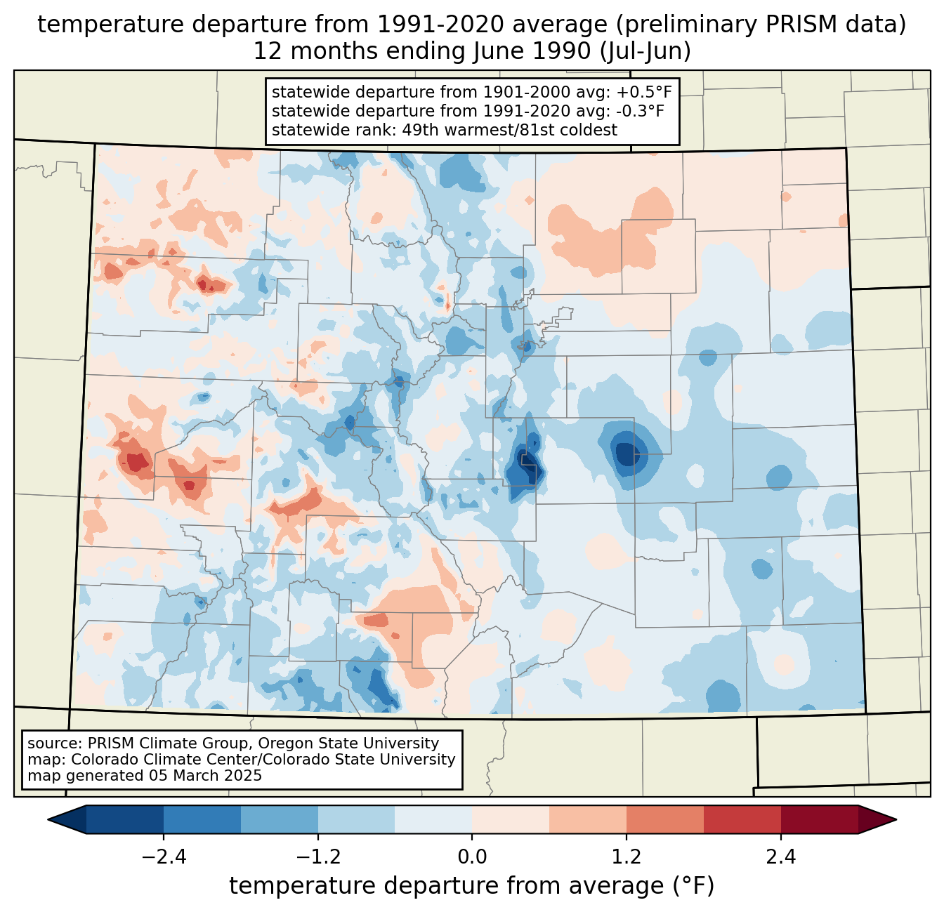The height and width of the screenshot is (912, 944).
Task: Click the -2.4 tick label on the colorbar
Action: point(163,857)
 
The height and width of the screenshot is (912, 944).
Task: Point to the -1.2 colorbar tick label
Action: point(317,857)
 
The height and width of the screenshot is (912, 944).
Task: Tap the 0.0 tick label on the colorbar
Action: point(472,857)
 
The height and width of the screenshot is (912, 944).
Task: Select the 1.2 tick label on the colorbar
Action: point(627,857)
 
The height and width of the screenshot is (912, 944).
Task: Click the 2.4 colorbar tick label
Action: point(780,857)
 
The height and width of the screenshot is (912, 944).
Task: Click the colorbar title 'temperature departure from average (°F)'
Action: point(472,886)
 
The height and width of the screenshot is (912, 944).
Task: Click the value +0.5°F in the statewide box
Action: point(643,92)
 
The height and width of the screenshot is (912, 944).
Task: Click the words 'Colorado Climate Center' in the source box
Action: point(155,760)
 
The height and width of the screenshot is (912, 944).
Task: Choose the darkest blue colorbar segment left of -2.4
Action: point(125,819)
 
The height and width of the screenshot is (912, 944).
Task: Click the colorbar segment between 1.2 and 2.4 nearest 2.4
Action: point(742,819)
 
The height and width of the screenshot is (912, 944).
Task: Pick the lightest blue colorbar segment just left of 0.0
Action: point(433,819)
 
